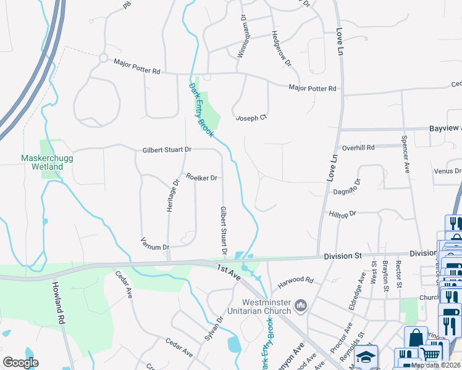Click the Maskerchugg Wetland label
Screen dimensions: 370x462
tap(42, 162)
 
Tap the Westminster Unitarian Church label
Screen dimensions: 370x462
tap(258, 306)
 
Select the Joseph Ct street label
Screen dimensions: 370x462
tap(251, 117)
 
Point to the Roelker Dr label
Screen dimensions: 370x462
tap(201, 178)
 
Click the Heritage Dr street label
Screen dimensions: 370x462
tap(174, 195)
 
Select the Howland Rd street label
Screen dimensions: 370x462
tap(59, 303)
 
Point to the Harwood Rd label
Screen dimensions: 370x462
tap(295, 281)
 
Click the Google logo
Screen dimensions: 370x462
tap(20, 363)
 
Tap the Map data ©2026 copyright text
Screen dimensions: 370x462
tap(435, 365)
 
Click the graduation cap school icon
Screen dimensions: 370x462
tap(366, 357)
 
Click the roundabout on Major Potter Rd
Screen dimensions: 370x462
tap(103, 59)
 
